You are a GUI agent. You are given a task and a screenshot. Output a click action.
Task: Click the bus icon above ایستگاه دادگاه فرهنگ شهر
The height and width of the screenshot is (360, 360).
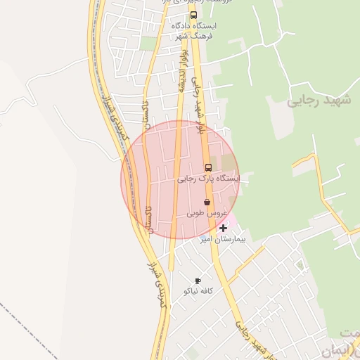[194, 15]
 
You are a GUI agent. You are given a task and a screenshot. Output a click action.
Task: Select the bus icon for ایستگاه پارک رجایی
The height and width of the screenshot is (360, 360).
[208, 167]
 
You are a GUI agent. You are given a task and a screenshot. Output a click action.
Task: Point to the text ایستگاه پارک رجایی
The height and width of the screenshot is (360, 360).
[208, 179]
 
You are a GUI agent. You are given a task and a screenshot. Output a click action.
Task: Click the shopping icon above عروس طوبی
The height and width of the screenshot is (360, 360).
[206, 202]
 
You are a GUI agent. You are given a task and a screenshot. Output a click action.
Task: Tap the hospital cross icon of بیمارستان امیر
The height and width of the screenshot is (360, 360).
[224, 228]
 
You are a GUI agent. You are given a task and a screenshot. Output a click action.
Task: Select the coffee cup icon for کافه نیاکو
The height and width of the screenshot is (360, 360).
[198, 281]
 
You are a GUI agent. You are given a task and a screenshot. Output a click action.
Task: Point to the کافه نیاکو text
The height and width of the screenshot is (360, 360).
[197, 291]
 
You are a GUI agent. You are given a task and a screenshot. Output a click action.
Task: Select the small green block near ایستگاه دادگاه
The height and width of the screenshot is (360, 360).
[148, 44]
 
